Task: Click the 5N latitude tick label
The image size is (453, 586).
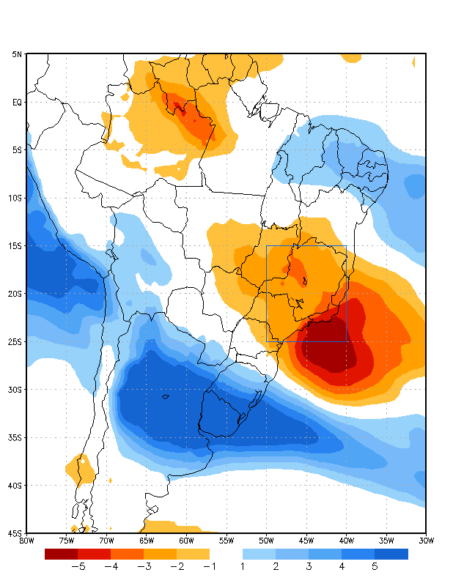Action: pyautogui.click(x=16, y=54)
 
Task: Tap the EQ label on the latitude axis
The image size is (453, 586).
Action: pyautogui.click(x=16, y=102)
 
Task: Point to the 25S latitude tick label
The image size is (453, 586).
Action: pyautogui.click(x=15, y=341)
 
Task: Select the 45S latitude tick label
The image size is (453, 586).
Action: pyautogui.click(x=15, y=533)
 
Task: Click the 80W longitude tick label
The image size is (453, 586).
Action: pyautogui.click(x=26, y=541)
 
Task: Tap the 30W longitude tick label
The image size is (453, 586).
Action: pyautogui.click(x=426, y=541)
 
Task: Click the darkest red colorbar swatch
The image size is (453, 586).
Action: pyautogui.click(x=61, y=555)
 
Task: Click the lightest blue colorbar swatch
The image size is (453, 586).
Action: pyautogui.click(x=259, y=555)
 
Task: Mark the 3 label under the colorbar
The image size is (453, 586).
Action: pyautogui.click(x=309, y=566)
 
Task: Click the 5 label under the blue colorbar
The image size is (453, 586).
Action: pyautogui.click(x=375, y=566)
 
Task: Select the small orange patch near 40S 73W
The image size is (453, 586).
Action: pyautogui.click(x=81, y=468)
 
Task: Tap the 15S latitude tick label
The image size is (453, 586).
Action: pyautogui.click(x=15, y=245)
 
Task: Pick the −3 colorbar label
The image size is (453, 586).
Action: pyautogui.click(x=142, y=566)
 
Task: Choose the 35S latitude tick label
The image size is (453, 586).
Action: pyautogui.click(x=15, y=437)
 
